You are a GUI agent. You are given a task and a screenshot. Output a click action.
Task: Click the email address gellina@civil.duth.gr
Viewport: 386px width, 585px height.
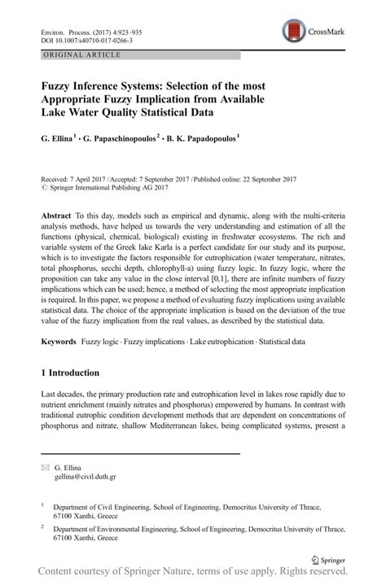90,479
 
